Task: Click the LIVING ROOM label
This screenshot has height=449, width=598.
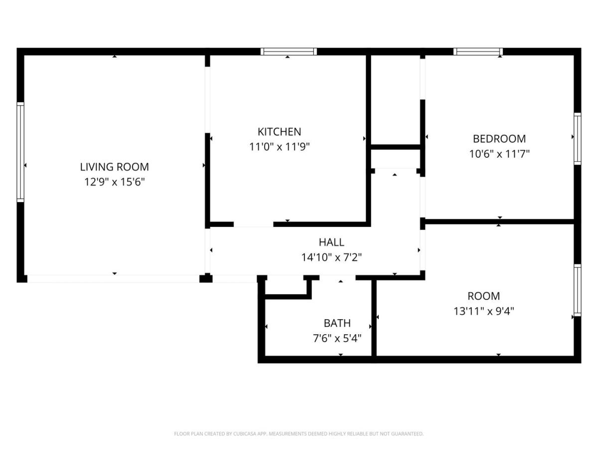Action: (115, 167)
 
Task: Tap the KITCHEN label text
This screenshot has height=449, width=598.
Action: (279, 132)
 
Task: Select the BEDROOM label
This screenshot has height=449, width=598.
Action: (499, 139)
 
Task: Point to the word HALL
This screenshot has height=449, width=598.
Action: (331, 242)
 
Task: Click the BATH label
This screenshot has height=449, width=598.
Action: (337, 323)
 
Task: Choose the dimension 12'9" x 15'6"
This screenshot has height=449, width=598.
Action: (115, 182)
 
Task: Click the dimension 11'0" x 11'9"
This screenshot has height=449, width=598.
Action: (280, 147)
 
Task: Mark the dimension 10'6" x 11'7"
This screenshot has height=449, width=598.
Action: (499, 154)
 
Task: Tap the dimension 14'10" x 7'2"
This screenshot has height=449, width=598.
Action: (331, 257)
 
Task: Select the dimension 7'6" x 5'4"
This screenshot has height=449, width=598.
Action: (337, 338)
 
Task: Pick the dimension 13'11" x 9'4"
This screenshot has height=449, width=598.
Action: (483, 311)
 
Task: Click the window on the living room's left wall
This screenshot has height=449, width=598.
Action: (20, 152)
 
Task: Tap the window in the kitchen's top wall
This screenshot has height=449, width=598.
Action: (289, 51)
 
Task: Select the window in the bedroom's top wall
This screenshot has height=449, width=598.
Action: (478, 51)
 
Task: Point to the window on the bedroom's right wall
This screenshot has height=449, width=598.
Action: (577, 139)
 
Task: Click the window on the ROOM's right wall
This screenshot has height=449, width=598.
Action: (577, 290)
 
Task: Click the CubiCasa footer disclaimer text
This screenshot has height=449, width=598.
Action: (299, 434)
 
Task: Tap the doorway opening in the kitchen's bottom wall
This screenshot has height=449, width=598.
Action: (253, 224)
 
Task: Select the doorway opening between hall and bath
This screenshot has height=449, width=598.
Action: (337, 278)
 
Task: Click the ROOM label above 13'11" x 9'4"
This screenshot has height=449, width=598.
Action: (483, 296)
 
